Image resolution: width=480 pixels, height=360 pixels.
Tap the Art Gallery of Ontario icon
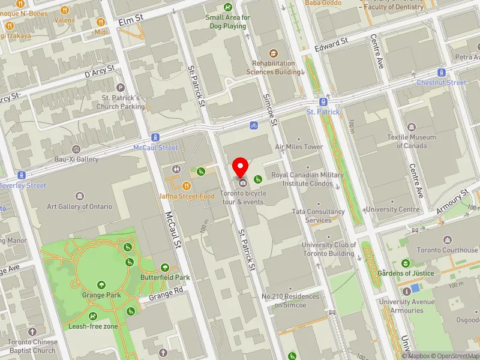click(x=80, y=196)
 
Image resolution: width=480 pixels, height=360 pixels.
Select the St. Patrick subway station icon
click(x=323, y=101)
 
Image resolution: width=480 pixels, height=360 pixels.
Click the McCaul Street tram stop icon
click(x=155, y=137)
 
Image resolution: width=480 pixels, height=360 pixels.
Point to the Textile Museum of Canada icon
click(x=412, y=127)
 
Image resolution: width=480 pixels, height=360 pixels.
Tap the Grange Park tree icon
click(x=101, y=284)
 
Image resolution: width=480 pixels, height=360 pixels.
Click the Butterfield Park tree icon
click(x=166, y=267)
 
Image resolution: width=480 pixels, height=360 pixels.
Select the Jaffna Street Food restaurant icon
click(x=187, y=186)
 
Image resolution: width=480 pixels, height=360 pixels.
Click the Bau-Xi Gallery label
click(x=76, y=160)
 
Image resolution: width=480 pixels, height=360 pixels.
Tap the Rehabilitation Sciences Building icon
click(x=274, y=53)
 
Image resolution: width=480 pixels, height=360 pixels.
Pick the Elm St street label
click(x=131, y=20)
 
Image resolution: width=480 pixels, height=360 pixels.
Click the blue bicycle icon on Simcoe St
click(x=254, y=126)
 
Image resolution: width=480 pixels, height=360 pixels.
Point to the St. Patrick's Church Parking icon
click(x=120, y=88)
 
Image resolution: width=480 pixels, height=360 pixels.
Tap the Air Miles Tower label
click(x=299, y=146)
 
